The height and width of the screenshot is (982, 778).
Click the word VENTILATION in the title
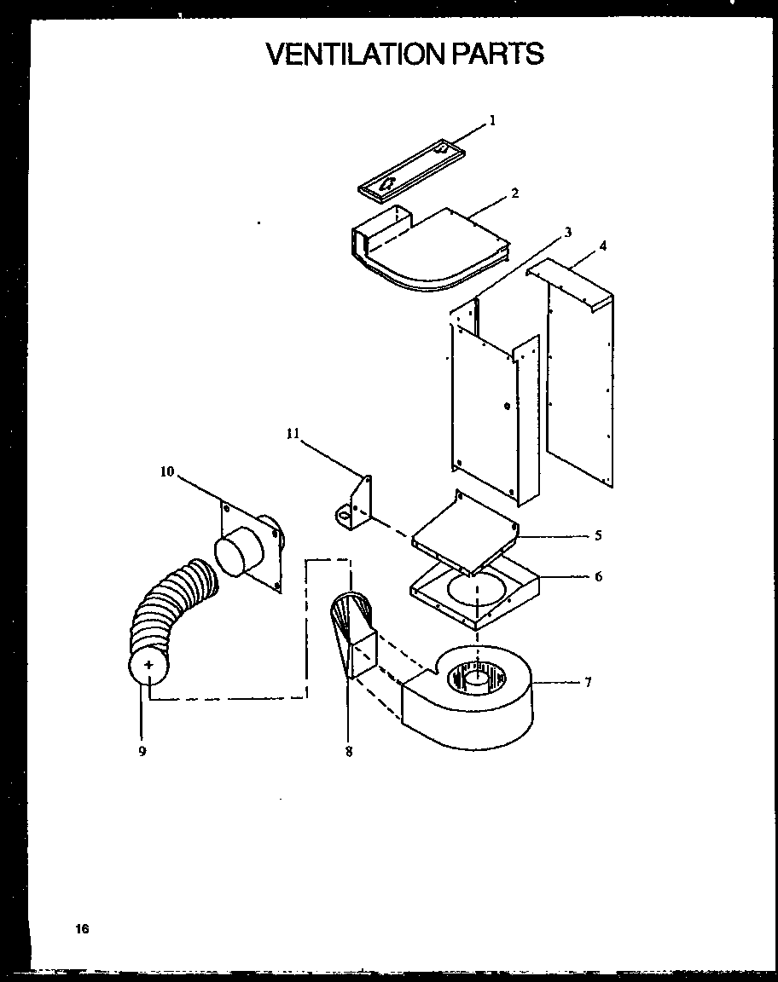(x=356, y=54)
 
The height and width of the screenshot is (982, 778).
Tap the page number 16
(x=81, y=928)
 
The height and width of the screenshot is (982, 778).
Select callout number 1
(x=492, y=121)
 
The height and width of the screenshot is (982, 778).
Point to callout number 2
(x=514, y=193)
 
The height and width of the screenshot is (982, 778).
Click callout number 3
(x=567, y=232)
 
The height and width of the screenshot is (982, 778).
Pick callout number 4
(x=603, y=246)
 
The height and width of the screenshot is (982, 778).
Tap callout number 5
(x=598, y=536)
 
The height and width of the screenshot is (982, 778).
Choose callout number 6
(x=598, y=576)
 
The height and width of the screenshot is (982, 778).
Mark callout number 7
(x=588, y=682)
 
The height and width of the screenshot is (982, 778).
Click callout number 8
(x=348, y=752)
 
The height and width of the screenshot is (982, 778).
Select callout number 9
(x=142, y=751)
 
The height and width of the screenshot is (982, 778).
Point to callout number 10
(x=166, y=471)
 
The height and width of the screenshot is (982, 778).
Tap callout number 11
(x=293, y=434)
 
